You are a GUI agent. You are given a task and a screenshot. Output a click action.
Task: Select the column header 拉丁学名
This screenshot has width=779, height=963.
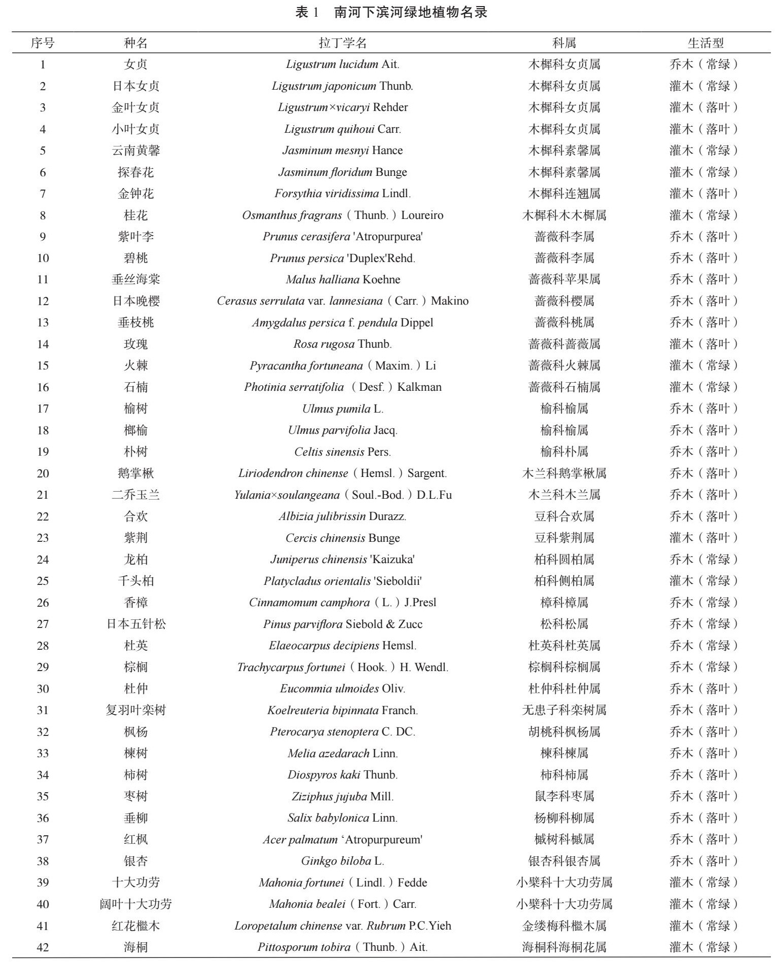tap(342, 43)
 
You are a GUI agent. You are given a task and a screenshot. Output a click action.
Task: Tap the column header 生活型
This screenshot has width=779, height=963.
tap(705, 43)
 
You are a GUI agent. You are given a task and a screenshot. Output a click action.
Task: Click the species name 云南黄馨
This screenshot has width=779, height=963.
tap(135, 151)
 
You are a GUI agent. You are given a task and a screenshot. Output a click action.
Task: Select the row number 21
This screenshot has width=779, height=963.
tap(43, 495)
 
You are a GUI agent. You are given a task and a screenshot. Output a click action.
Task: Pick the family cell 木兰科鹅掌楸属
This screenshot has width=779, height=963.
tap(564, 473)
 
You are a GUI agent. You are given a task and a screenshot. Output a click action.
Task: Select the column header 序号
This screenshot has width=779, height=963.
tap(43, 43)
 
